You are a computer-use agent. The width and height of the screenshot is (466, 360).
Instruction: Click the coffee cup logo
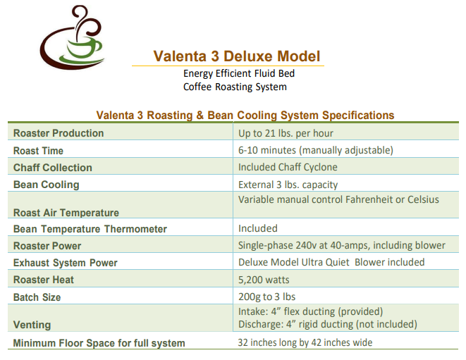coord(72,38)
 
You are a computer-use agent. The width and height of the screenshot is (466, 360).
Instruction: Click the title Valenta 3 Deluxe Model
coord(237,56)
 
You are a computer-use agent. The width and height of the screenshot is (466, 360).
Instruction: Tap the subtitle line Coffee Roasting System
coord(235,87)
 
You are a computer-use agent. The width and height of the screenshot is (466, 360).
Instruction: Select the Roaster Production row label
coord(59,133)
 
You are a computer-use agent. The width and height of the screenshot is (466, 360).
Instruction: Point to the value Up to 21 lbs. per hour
coord(286,133)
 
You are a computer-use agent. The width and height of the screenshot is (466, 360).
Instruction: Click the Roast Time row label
coord(38,151)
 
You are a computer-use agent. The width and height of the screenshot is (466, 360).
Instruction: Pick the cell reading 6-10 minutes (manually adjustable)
coord(316,150)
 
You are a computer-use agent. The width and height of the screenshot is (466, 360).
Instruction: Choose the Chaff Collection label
coord(53,168)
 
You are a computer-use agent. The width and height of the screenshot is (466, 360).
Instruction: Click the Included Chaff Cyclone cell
coord(288,167)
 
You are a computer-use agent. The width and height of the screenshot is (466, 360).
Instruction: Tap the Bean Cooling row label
coord(47,185)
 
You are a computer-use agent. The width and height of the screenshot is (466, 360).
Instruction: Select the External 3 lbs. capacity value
coord(288,185)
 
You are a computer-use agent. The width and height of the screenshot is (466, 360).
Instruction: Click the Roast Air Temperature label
coord(66,213)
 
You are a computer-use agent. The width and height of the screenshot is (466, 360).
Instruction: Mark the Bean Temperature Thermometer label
coord(90,229)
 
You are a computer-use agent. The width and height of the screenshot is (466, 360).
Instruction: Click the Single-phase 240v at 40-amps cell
coord(342,245)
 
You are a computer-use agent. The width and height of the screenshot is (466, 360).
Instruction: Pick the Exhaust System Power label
coord(66,263)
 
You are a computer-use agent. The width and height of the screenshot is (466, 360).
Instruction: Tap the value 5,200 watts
coord(264,280)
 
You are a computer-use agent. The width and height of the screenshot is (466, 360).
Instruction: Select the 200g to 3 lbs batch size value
coord(267,297)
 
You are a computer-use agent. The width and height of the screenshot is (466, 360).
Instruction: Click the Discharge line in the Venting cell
coord(328,324)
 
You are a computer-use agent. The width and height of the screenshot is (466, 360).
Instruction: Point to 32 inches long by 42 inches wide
coord(305,342)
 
